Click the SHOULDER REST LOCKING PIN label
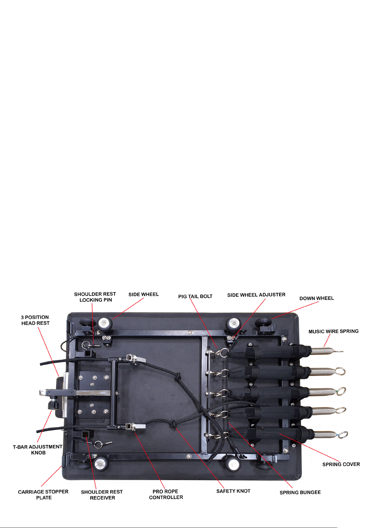(x=95, y=297)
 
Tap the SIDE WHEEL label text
(x=144, y=295)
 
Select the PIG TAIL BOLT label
(x=195, y=296)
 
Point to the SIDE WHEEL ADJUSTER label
(x=256, y=295)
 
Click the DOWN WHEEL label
(x=316, y=298)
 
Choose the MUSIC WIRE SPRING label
(x=333, y=331)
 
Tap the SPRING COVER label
(x=341, y=464)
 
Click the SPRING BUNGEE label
(x=300, y=492)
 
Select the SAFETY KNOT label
(x=233, y=491)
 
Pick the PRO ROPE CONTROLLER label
(x=166, y=494)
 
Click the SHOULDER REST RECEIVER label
(x=102, y=495)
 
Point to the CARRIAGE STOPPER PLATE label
(x=43, y=494)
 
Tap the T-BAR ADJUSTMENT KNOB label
(x=38, y=450)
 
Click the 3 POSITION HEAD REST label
(x=35, y=320)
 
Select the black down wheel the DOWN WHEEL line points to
(x=264, y=322)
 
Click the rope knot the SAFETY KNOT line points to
(x=173, y=425)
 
